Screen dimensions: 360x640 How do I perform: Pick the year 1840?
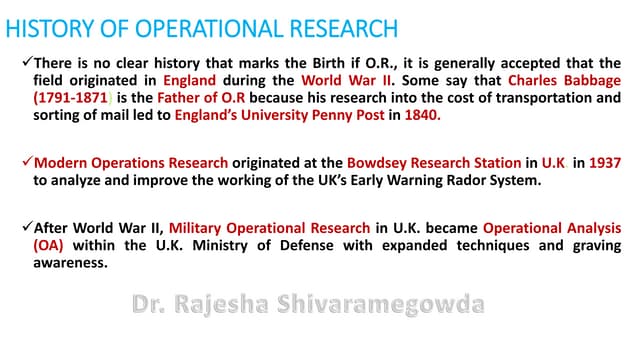pyautogui.click(x=421, y=115)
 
